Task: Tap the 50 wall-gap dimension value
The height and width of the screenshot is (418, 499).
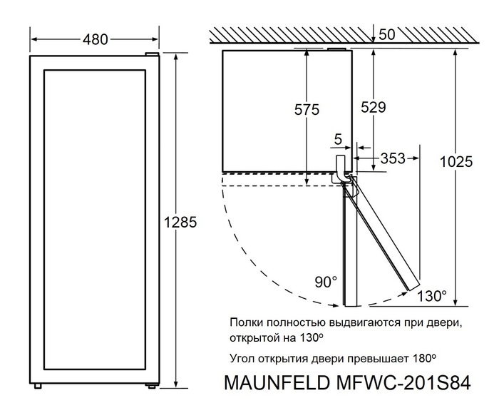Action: click(388, 35)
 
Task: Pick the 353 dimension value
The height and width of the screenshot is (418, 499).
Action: click(393, 158)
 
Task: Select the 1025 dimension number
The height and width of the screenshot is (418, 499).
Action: click(456, 162)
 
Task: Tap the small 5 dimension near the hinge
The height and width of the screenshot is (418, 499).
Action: click(337, 138)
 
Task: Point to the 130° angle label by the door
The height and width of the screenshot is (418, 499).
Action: click(433, 295)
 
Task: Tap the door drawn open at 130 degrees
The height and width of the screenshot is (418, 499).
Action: click(381, 235)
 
